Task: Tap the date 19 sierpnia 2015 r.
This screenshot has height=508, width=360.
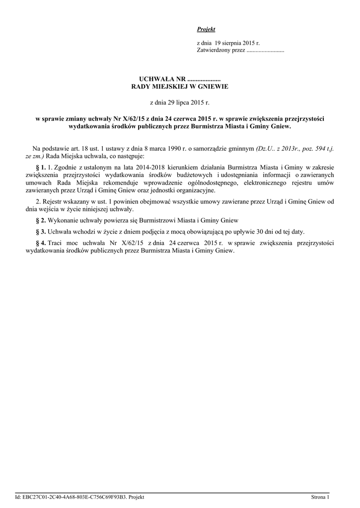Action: (x=237, y=44)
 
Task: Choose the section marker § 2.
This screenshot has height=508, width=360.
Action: (x=41, y=220)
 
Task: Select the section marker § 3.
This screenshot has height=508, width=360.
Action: (x=41, y=232)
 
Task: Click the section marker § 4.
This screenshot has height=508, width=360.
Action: (x=41, y=243)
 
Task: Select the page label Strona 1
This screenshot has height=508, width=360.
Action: (x=320, y=497)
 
